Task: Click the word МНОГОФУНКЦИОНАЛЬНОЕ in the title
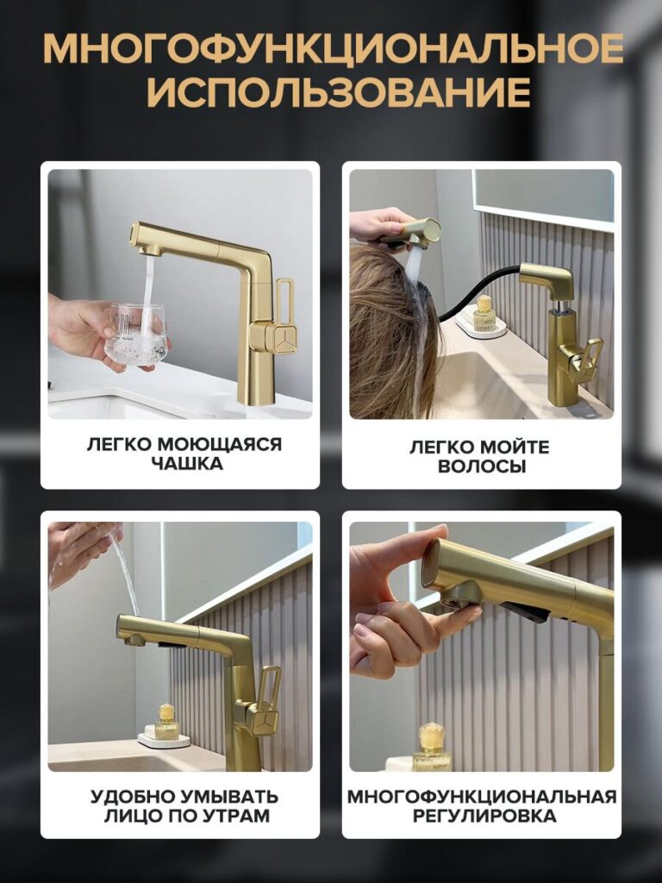[x=332, y=49]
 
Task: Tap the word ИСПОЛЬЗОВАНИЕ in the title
[x=332, y=92]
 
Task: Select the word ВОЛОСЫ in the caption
[x=481, y=467]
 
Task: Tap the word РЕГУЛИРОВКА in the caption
[x=481, y=816]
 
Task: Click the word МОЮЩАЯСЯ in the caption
[x=221, y=443]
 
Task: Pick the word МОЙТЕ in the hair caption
[x=511, y=446]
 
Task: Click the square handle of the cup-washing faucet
[x=273, y=337]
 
